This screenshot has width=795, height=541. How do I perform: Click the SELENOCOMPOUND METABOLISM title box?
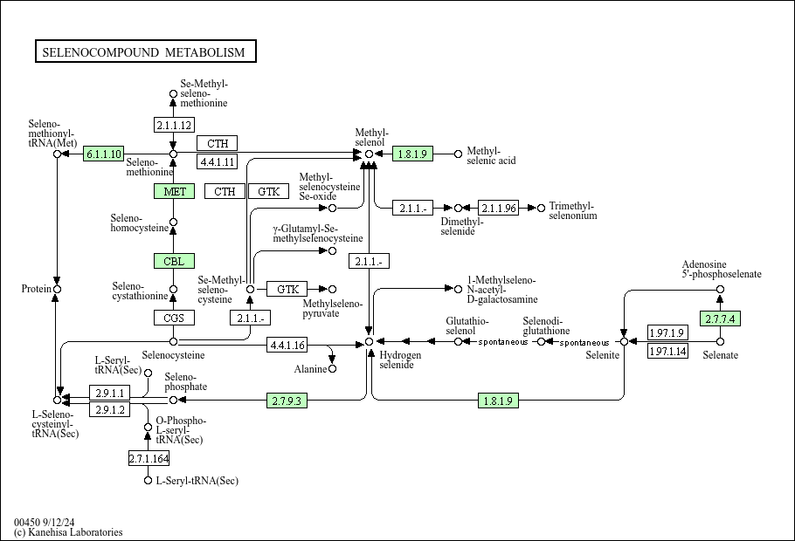tap(145, 52)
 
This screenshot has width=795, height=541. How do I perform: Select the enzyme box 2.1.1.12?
tap(173, 125)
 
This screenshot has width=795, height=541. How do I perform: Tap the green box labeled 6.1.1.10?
tap(104, 154)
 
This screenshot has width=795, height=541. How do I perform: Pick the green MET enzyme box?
tap(174, 191)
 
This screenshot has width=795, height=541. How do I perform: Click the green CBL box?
tap(174, 261)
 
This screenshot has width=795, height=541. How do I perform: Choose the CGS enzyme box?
tap(174, 318)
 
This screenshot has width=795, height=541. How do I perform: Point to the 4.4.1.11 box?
tap(218, 161)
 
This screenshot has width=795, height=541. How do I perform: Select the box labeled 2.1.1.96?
tap(499, 208)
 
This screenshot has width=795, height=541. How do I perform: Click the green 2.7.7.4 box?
tap(720, 318)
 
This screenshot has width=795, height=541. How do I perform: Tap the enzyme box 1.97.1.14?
tap(668, 352)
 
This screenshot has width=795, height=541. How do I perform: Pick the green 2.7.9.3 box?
tap(288, 401)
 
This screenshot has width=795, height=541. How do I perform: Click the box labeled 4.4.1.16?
tap(287, 346)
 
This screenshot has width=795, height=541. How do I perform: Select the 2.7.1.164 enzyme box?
tap(149, 458)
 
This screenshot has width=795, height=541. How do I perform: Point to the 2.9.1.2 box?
tap(111, 409)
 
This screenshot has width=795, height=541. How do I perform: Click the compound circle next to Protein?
tap(57, 289)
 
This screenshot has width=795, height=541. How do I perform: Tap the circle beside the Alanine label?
tap(332, 369)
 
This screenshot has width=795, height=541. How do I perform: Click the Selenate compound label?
tap(721, 355)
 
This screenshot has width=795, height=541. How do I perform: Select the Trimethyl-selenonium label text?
tap(573, 211)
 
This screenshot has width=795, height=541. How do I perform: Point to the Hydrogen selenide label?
tap(401, 360)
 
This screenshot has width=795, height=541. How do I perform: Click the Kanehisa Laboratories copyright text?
tap(68, 532)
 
